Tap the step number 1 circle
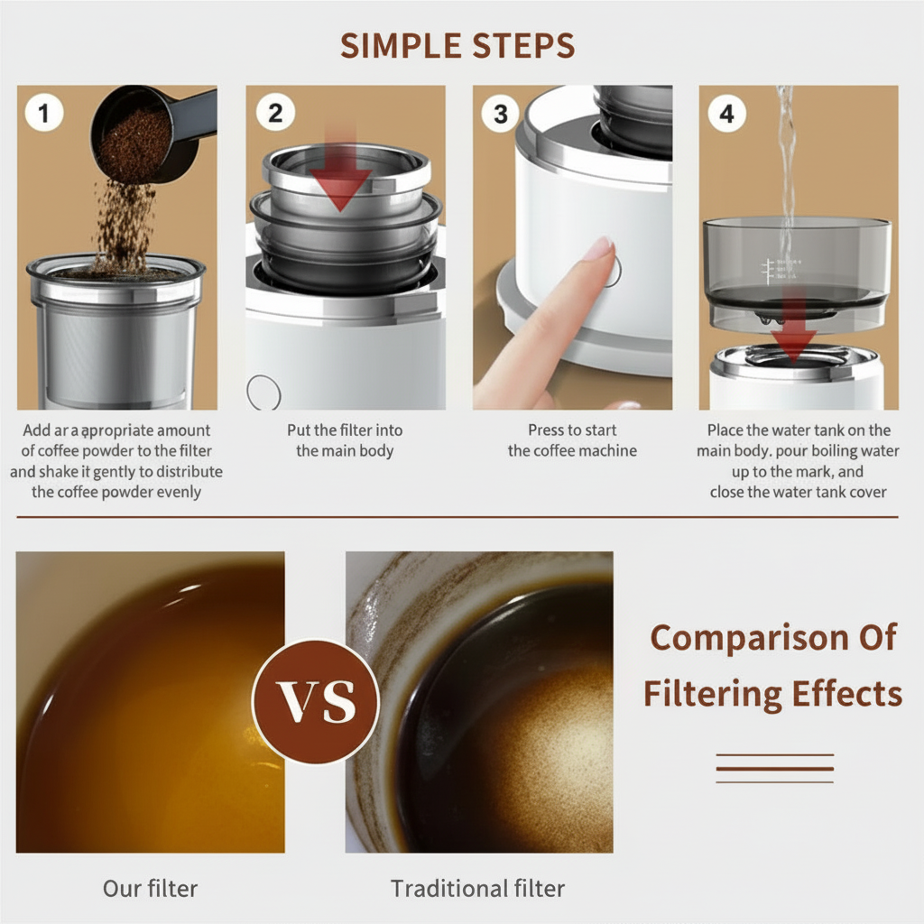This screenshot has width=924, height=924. [x=44, y=113]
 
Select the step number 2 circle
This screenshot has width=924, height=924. [x=275, y=112]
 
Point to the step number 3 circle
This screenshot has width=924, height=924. [x=500, y=114]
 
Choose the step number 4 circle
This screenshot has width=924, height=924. [x=726, y=113]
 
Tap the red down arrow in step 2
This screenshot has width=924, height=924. [x=340, y=171]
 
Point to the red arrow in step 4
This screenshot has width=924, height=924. [x=793, y=324]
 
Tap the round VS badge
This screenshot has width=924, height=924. [x=316, y=701]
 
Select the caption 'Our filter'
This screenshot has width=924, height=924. [x=151, y=888]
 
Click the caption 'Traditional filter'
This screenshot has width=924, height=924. [x=477, y=888]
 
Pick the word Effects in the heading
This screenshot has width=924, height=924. [x=846, y=693]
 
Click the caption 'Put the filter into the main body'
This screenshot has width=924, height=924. [x=345, y=440]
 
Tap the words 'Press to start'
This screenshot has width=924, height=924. [x=572, y=430]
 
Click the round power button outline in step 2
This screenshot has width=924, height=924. [x=263, y=393]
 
